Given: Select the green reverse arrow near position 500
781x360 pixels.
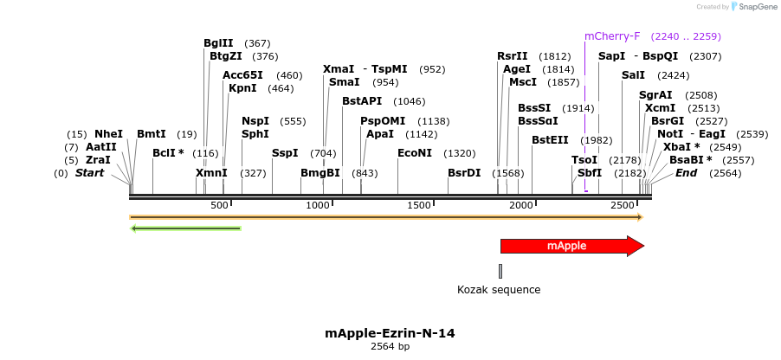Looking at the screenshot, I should coord(185,228).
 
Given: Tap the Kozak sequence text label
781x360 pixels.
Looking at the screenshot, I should coord(499,290).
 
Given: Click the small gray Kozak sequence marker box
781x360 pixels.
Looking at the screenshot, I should coord(500,271).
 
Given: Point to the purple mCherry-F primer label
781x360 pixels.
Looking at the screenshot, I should coord(612,36).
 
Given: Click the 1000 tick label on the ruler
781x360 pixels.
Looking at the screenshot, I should coord(319,205).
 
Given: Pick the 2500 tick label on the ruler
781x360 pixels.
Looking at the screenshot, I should coord(623,205).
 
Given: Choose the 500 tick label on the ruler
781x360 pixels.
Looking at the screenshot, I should coord(219,205).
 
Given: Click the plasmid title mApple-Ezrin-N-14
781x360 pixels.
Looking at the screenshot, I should coord(390,333).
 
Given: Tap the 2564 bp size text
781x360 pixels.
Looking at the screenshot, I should coord(390,346).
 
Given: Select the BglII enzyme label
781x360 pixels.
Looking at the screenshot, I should coord(218,43).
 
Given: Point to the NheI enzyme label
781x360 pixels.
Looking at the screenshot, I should coord(108,134).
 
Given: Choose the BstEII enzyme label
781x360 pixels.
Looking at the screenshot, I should coord(549,140).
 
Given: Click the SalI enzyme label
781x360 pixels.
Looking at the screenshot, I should coord(633,75).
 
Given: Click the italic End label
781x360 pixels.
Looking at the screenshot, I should coord(686,173).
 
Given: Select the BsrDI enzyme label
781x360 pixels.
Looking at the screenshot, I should coord(464,173).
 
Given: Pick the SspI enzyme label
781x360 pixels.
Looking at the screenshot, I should coord(285,153).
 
